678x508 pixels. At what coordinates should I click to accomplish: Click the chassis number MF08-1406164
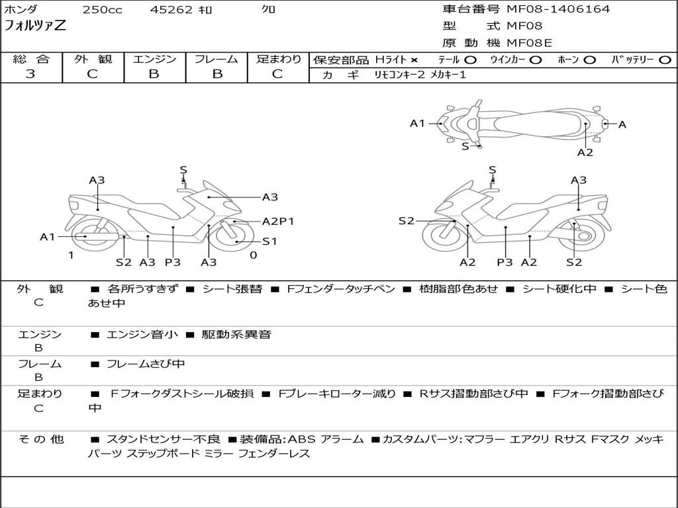click(558, 9)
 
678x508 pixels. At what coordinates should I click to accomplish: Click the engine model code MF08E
click(529, 43)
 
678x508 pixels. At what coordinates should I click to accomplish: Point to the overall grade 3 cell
click(31, 74)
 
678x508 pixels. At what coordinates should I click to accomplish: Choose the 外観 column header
click(93, 59)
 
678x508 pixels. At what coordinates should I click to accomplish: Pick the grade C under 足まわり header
click(277, 74)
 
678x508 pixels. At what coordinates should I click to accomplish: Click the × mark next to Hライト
click(414, 60)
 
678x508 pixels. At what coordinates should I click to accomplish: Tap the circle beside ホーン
click(590, 60)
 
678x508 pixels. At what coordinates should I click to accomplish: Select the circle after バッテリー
click(665, 60)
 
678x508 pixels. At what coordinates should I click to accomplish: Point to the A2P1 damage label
click(278, 222)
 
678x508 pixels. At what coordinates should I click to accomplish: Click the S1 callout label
click(269, 241)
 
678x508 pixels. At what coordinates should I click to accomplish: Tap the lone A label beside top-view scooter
click(622, 124)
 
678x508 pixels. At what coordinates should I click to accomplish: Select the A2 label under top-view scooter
click(585, 152)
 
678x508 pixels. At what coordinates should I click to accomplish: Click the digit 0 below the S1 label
click(253, 255)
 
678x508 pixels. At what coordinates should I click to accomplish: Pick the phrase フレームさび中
click(146, 364)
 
